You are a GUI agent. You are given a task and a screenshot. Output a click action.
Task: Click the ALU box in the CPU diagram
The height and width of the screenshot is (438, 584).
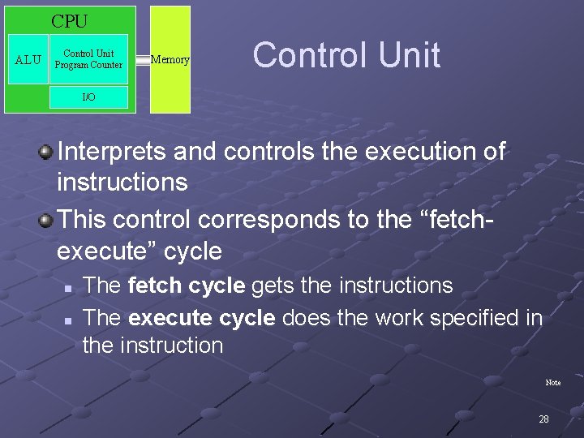[x=28, y=59]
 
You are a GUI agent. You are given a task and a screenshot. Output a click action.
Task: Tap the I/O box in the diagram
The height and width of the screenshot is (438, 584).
[x=88, y=97]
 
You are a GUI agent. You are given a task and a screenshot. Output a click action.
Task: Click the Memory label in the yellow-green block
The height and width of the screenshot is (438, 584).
[x=170, y=60]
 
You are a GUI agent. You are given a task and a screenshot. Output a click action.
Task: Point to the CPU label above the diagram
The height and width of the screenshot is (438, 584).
[x=70, y=21]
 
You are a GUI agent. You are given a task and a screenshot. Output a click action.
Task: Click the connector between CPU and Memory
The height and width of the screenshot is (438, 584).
[x=144, y=60]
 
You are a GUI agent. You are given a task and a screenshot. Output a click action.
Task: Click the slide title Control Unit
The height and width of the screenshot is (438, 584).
[x=346, y=55]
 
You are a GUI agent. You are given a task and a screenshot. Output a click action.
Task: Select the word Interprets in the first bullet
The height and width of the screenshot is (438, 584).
[x=112, y=151]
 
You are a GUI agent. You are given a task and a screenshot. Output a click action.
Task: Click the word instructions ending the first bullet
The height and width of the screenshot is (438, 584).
[x=122, y=182]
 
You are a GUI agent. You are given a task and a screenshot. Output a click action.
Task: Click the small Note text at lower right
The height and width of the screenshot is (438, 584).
[x=552, y=382]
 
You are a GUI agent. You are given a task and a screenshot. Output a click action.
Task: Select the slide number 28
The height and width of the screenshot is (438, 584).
[x=543, y=419]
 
